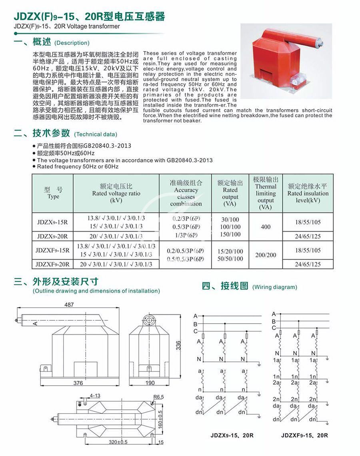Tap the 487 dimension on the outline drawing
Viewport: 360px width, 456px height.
coord(69,305)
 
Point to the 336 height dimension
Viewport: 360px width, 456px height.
coord(179,345)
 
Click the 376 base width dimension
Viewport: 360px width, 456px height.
coord(78,383)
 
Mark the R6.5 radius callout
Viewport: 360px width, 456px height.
coord(159,397)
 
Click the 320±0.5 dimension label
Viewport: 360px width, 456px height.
coord(118,442)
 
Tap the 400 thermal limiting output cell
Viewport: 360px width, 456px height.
coord(266,227)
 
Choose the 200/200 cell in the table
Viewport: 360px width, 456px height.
coord(266,255)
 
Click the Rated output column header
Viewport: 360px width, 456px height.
coord(230,193)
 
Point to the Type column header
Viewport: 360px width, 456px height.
coord(53,193)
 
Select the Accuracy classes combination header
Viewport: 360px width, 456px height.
coord(186,193)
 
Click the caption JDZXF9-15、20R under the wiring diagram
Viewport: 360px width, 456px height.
coord(304,435)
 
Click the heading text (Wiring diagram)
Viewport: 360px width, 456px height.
coord(275,287)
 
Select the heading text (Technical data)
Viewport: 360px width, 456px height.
coord(96,134)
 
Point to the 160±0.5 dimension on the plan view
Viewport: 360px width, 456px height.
coord(160,418)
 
